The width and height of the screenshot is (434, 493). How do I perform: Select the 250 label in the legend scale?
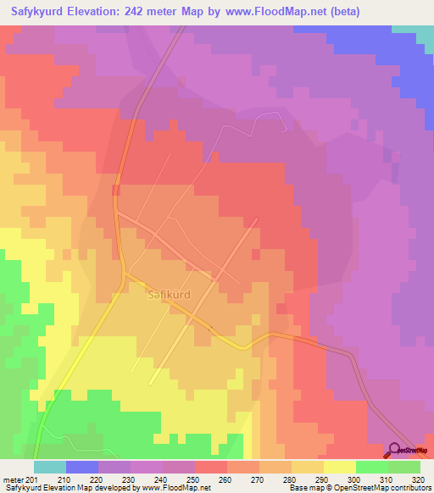[x=195, y=479]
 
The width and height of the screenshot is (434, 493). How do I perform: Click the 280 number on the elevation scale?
[x=292, y=479]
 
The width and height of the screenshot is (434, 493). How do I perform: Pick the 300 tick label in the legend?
[x=356, y=479]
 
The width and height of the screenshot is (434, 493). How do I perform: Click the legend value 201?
[x=32, y=479]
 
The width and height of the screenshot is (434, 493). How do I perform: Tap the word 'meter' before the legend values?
[x=14, y=479]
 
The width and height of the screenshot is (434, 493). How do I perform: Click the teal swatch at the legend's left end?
[x=49, y=467]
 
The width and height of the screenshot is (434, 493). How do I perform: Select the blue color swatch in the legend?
[x=81, y=467]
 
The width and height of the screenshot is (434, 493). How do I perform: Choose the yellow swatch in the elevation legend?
[x=339, y=467]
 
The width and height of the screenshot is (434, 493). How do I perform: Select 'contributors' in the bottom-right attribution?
[x=410, y=488]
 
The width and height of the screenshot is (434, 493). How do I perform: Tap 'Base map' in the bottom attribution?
[x=303, y=488]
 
